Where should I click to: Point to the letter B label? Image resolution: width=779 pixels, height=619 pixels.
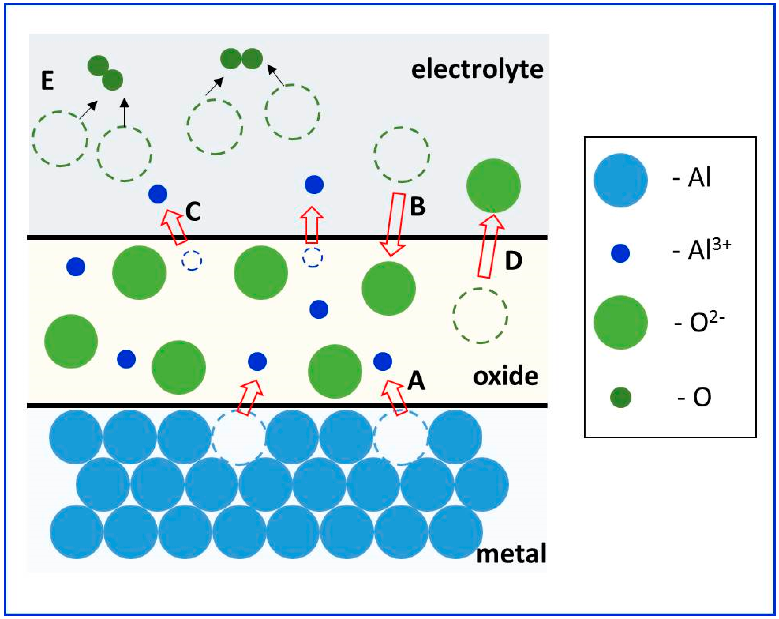point(418,207)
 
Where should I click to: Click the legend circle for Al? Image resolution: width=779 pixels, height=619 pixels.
point(620,180)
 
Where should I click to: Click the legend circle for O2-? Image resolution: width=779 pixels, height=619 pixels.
point(620,322)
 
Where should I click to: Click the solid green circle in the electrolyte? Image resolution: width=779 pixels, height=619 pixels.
point(494,186)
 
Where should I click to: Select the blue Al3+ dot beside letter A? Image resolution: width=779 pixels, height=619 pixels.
point(383,361)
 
